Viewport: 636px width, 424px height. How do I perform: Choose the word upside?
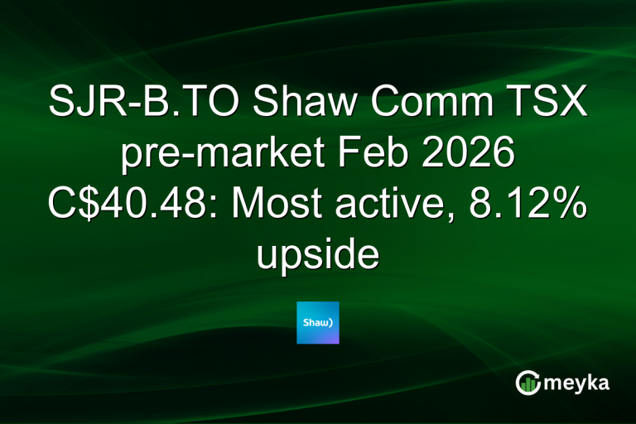point(318,257)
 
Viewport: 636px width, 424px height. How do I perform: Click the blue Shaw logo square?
point(318,323)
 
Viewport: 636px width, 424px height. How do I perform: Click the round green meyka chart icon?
point(527,382)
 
